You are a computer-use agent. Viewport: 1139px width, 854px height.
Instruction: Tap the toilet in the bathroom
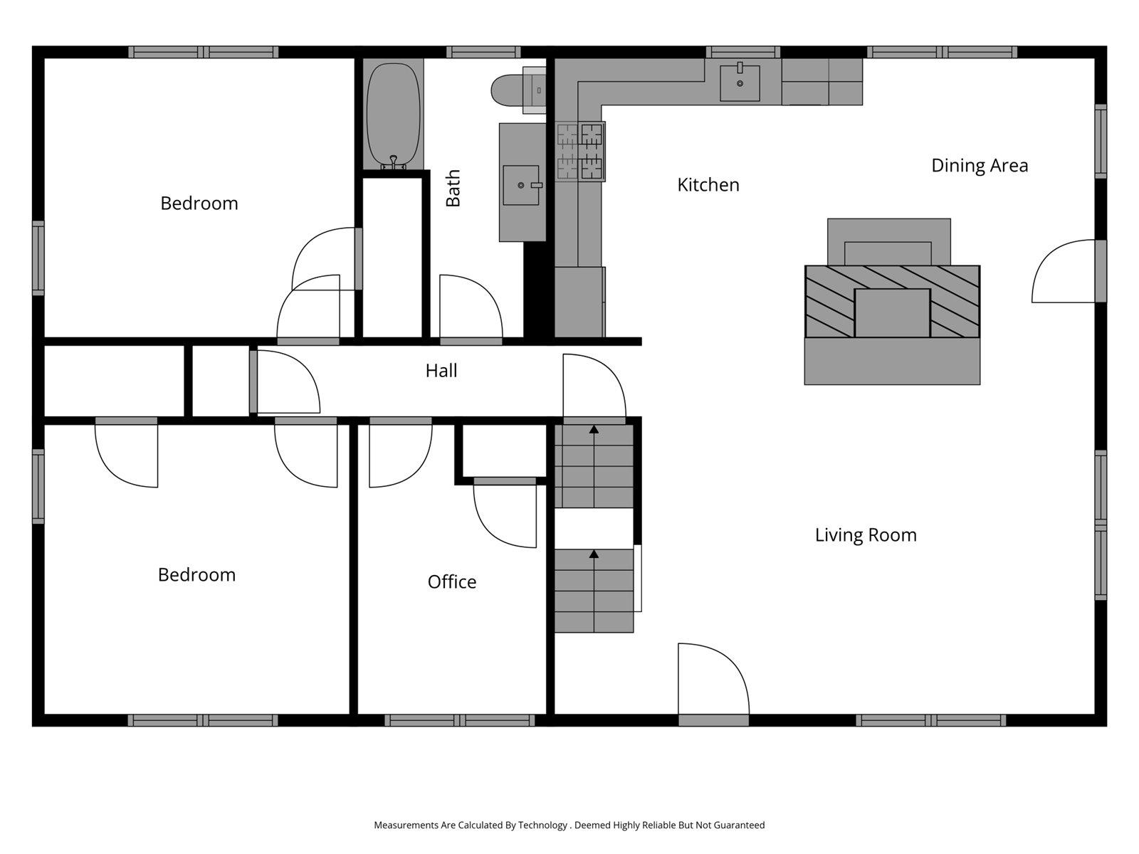pyautogui.click(x=507, y=90)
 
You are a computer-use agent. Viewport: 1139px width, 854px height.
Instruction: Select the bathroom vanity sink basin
pyautogui.click(x=521, y=185)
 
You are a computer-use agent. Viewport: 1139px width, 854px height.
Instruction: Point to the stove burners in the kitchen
pyautogui.click(x=580, y=151)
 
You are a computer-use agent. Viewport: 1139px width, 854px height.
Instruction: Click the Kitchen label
pyautogui.click(x=708, y=185)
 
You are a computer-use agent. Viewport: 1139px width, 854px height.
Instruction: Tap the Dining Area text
pyautogui.click(x=980, y=166)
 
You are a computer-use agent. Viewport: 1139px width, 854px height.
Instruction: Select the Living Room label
pyautogui.click(x=866, y=535)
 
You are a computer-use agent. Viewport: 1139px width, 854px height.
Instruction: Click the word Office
pyautogui.click(x=451, y=582)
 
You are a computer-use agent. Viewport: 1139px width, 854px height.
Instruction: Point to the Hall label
pyautogui.click(x=441, y=371)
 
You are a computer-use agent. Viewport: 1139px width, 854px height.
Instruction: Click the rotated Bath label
pyautogui.click(x=453, y=189)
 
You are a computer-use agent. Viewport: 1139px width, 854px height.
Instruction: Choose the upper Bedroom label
pyautogui.click(x=199, y=204)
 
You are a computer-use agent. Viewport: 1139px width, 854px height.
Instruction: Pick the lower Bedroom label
pyautogui.click(x=196, y=575)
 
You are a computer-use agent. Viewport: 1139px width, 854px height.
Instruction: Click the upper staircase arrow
pyautogui.click(x=594, y=429)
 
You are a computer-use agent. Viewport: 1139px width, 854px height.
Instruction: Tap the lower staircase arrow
pyautogui.click(x=594, y=554)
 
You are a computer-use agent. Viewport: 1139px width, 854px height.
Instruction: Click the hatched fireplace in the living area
pyautogui.click(x=892, y=301)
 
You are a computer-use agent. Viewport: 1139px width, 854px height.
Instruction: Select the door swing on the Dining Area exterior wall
pyautogui.click(x=1062, y=273)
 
